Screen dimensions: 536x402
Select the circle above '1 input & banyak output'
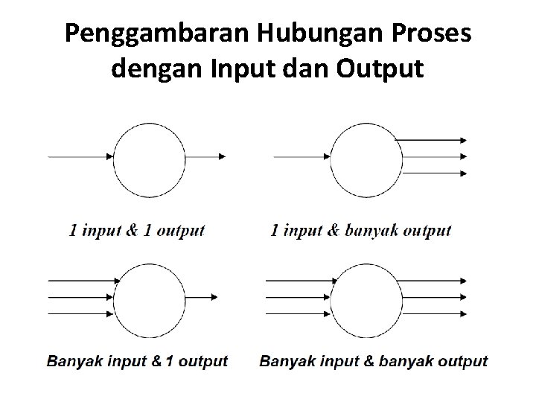point(366,156)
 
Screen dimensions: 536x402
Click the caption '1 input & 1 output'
point(136,231)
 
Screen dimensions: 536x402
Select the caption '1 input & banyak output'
point(360,231)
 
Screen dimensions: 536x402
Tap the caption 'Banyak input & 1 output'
point(138,362)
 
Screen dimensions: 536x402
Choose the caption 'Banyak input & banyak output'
point(374,362)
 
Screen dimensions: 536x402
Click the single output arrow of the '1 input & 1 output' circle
point(205,156)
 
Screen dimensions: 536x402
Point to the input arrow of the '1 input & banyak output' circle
point(302,156)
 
